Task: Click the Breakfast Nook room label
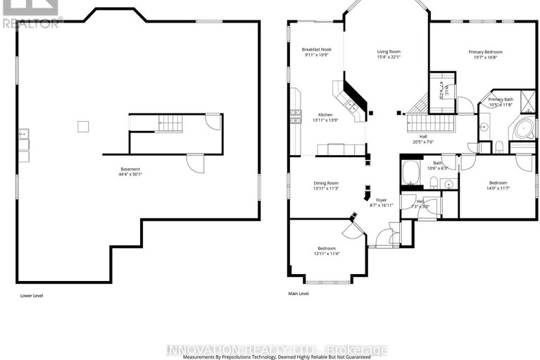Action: [316, 49]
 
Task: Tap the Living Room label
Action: [388, 51]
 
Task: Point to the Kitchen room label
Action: [325, 115]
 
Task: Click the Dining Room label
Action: [326, 183]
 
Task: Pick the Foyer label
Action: [381, 200]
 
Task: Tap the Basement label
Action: [130, 169]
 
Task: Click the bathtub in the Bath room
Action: [411, 171]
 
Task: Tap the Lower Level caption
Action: [32, 296]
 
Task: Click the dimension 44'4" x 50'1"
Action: [130, 174]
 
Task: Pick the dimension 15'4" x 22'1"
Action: [388, 57]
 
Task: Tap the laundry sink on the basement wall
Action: [23, 132]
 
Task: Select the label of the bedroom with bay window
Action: [326, 248]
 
